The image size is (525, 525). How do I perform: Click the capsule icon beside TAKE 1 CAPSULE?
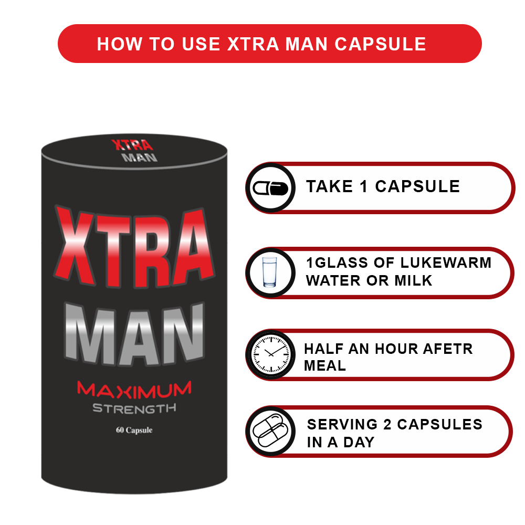pyautogui.click(x=270, y=188)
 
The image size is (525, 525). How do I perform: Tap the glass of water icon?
pyautogui.click(x=270, y=272)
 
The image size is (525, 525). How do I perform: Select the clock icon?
pyautogui.click(x=270, y=354)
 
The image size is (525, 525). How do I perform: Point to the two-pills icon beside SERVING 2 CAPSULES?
pyautogui.click(x=270, y=430)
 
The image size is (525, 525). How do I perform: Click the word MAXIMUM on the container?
pyautogui.click(x=134, y=390)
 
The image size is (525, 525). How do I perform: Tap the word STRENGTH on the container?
pyautogui.click(x=134, y=408)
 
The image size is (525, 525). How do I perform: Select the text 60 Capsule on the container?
pyautogui.click(x=134, y=430)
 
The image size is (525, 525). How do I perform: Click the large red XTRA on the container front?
pyautogui.click(x=134, y=248)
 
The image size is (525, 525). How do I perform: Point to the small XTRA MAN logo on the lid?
pyautogui.click(x=134, y=151)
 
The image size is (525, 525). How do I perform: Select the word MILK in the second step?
pyautogui.click(x=414, y=280)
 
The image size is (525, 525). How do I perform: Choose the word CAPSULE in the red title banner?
pyautogui.click(x=380, y=44)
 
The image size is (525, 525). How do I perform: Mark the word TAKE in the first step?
pyautogui.click(x=330, y=186)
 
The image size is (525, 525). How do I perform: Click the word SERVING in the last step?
pyautogui.click(x=342, y=425)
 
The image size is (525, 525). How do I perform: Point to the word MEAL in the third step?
pyautogui.click(x=325, y=365)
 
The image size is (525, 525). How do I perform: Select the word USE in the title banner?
pyautogui.click(x=201, y=44)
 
